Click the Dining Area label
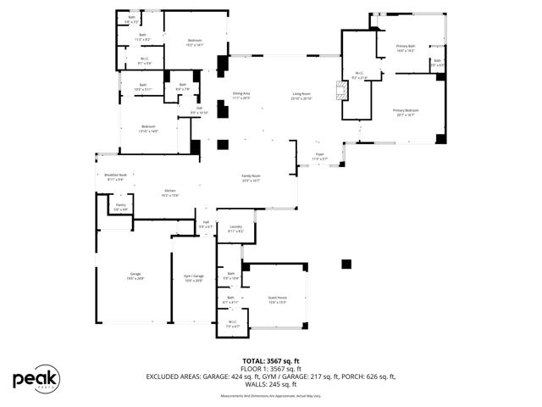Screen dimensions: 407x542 pyautogui.click(x=241, y=96)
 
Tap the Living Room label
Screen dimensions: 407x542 pyautogui.click(x=302, y=96)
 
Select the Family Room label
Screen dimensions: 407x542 pyautogui.click(x=251, y=178)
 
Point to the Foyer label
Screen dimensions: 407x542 pyautogui.click(x=319, y=156)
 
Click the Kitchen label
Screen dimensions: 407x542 pyautogui.click(x=169, y=193)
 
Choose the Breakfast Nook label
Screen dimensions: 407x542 pyautogui.click(x=116, y=177)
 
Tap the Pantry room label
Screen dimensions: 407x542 pyautogui.click(x=121, y=207)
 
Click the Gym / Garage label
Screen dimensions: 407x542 pyautogui.click(x=194, y=278)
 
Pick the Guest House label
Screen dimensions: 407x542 pyautogui.click(x=277, y=300)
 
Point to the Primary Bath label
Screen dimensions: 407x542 pyautogui.click(x=406, y=48)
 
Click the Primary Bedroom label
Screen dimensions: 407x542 pyautogui.click(x=405, y=112)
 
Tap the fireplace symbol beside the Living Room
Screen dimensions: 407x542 pyautogui.click(x=342, y=90)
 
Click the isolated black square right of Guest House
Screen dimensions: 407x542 pyautogui.click(x=346, y=265)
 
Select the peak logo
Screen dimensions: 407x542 pyautogui.click(x=36, y=377)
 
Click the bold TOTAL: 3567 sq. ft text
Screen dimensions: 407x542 pyautogui.click(x=271, y=361)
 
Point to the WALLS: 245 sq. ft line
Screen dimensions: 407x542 pyautogui.click(x=271, y=384)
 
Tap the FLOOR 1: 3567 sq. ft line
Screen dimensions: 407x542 pyautogui.click(x=271, y=369)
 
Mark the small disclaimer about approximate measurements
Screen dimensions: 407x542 pyautogui.click(x=271, y=396)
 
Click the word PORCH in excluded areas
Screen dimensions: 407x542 pyautogui.click(x=335, y=376)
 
